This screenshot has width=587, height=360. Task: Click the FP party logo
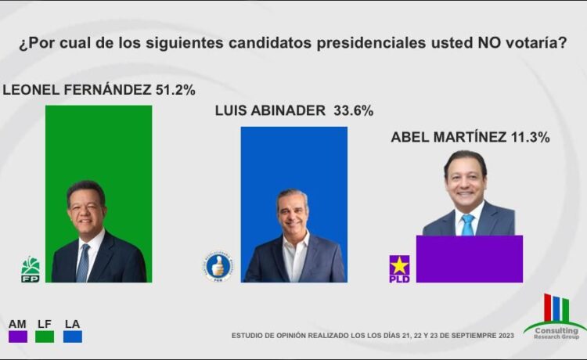coord(31,268)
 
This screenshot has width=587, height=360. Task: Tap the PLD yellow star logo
coord(399,268)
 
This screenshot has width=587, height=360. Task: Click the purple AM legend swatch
coord(18,336)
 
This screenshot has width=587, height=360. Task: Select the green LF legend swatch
coord(45,336)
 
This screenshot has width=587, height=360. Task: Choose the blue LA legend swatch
coord(73,336)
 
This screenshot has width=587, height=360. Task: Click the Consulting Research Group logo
coord(556,317)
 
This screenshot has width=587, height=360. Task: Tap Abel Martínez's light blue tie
coord(468,225)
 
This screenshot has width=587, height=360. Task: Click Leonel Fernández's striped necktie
coord(83,263)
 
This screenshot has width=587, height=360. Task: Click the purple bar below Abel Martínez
coord(469,258)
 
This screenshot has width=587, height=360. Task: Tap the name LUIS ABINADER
coord(270,111)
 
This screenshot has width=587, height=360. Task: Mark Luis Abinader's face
coord(293,212)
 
